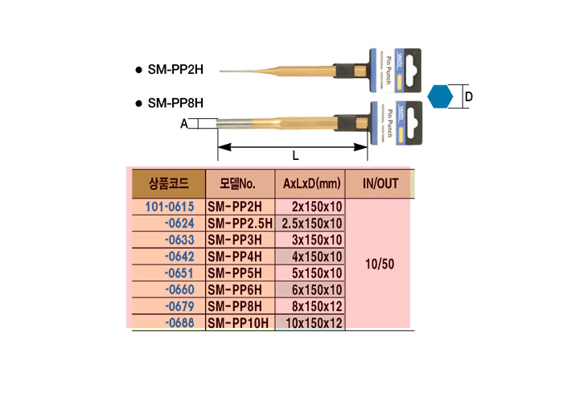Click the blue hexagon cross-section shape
click(440, 97)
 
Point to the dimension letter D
click(469, 97)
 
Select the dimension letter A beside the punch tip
click(184, 124)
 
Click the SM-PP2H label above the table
click(175, 70)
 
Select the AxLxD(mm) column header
click(310, 183)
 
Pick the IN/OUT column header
click(380, 183)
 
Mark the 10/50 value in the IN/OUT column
click(380, 264)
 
